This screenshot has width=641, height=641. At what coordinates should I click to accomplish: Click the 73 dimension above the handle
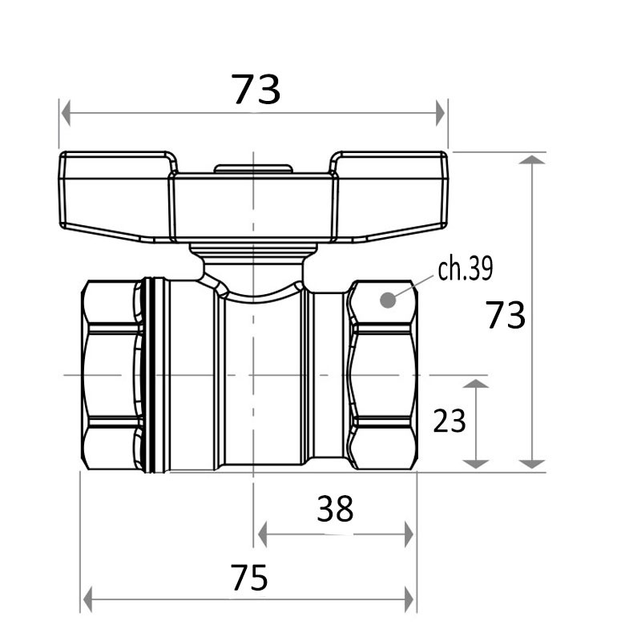pos(256,89)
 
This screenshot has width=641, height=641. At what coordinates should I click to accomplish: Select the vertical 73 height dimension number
pos(506,315)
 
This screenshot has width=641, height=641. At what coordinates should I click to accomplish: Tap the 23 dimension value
pos(450,421)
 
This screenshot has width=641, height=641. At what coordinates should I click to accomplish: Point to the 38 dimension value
pos(335,509)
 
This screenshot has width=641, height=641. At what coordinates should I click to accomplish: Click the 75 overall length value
pos(249,577)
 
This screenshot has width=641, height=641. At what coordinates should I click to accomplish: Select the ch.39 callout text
pos(466,268)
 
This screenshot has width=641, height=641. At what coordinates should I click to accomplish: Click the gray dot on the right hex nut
pos(388,300)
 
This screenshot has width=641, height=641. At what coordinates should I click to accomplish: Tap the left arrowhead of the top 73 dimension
pos(65,113)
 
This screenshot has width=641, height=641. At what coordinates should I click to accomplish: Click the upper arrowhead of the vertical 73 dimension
pos(532,159)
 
